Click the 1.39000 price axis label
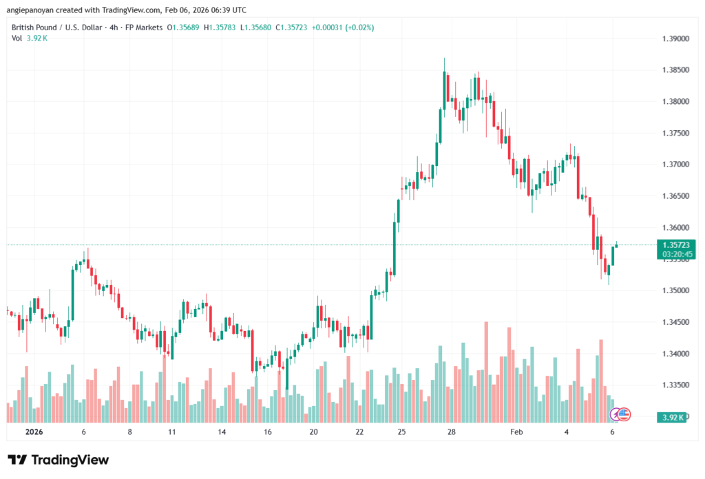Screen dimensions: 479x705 tap(674, 39)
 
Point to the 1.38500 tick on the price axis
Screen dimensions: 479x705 tap(674, 70)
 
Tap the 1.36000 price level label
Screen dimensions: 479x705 tap(674, 228)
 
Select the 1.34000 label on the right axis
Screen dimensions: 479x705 tap(674, 354)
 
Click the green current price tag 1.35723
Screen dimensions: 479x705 tap(678, 245)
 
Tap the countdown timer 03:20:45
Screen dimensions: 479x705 tap(678, 255)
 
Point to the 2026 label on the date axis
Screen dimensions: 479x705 tap(34, 432)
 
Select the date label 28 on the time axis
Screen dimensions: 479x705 tap(452, 432)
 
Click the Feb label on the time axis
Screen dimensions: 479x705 tap(516, 432)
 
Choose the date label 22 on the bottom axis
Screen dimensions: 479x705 tap(360, 432)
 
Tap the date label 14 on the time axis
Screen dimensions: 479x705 tap(222, 432)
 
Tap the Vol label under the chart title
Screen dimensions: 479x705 tap(17, 38)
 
